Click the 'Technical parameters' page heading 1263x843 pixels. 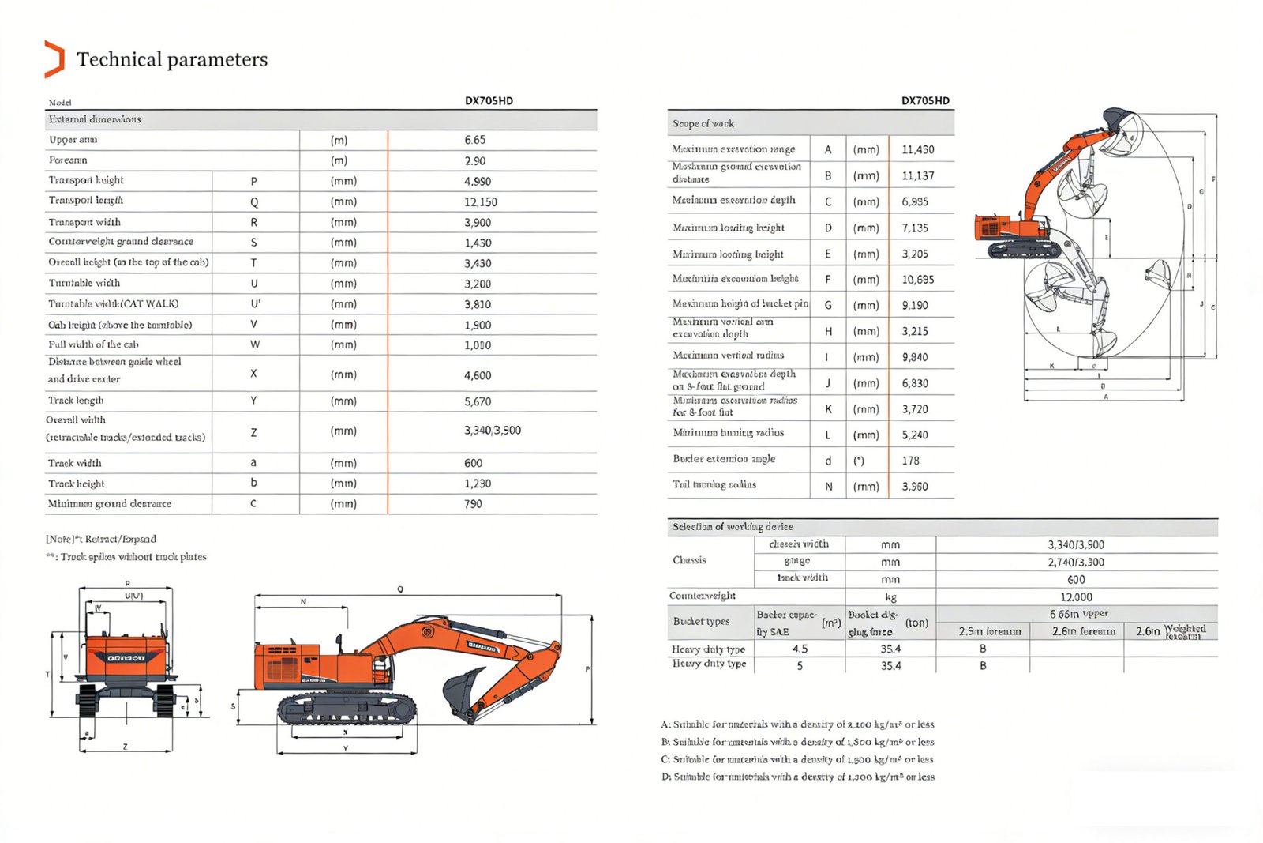coord(172,59)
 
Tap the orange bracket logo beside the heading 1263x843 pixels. coord(54,59)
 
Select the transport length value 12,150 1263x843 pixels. coord(480,202)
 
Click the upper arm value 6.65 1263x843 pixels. coord(474,140)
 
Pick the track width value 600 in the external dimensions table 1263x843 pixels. coord(473,463)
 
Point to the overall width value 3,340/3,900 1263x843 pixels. coord(492,431)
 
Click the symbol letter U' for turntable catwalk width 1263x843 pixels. coord(255,304)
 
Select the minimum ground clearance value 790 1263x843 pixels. coord(473,504)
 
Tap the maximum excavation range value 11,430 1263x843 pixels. coord(917,149)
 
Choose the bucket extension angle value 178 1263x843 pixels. coord(910,461)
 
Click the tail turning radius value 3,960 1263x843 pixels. coord(915,487)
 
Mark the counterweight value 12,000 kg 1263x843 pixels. coord(1076,597)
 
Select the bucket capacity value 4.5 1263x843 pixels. coord(800,649)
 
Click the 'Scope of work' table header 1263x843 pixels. coord(703,123)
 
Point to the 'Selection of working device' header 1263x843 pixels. coord(733,526)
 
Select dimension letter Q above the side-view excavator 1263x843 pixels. coord(400,589)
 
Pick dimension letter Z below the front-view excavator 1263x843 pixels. coord(125,747)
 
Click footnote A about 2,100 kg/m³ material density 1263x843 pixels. coord(797,724)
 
